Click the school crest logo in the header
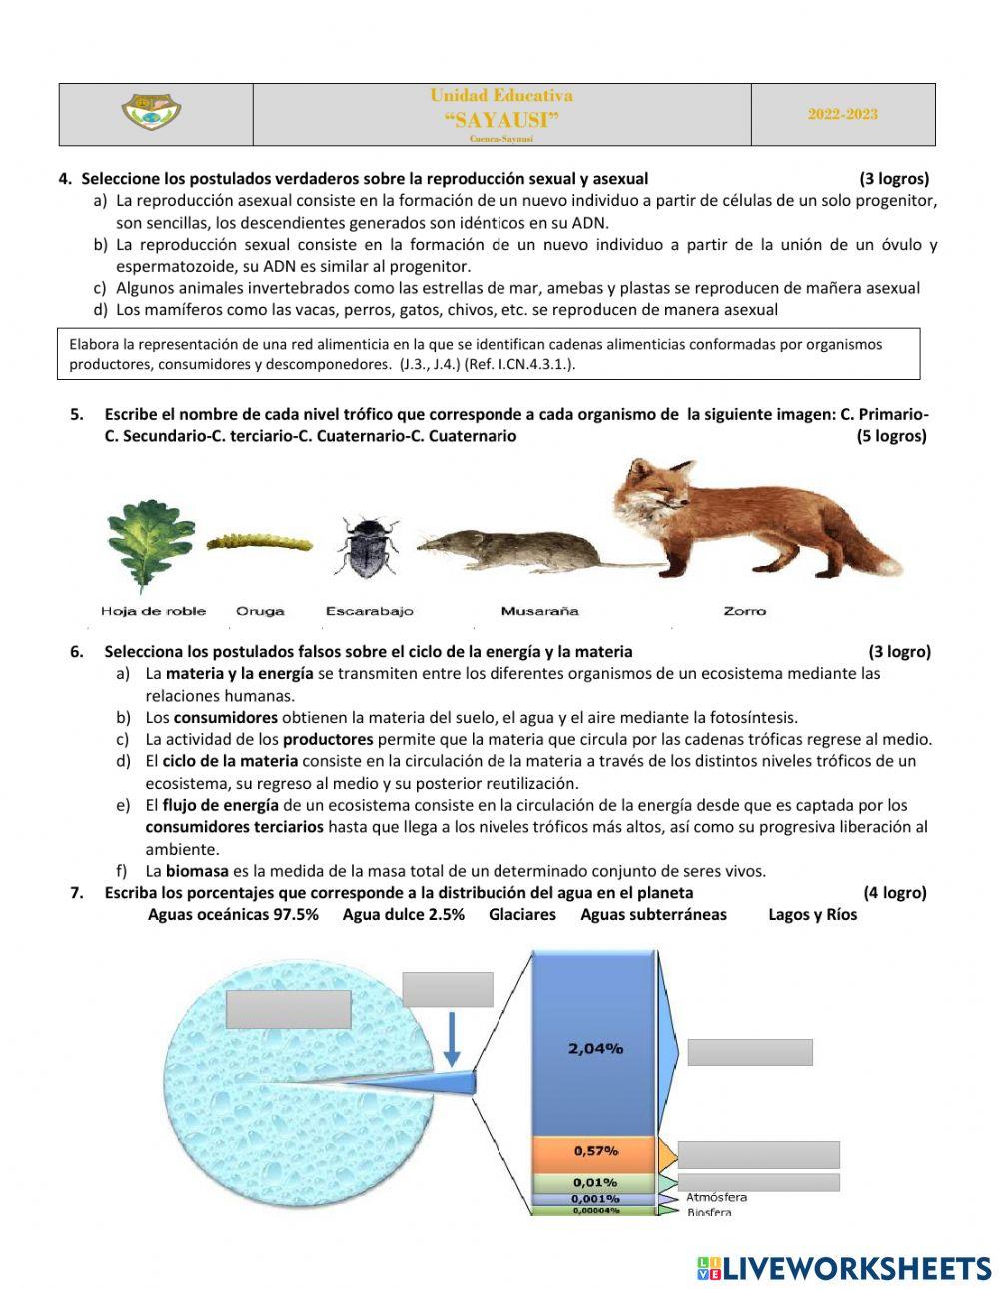152,112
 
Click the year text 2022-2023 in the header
843,114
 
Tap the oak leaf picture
150,545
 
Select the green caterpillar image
259,542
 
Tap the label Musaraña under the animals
539,611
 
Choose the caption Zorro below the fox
744,611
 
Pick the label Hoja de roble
153,611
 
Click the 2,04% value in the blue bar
595,1048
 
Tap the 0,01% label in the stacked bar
595,1183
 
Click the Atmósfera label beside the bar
716,1197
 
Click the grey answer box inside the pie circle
288,1009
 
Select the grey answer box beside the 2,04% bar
749,1052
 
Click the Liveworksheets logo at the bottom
844,1268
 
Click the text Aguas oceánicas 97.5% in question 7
233,915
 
